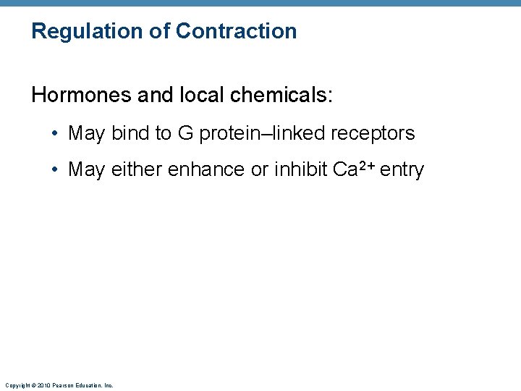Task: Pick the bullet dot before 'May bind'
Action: pos(55,134)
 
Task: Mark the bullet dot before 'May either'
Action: pos(55,170)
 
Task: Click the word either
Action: pos(136,169)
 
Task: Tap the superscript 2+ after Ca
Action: pos(363,166)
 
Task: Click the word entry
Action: pos(402,170)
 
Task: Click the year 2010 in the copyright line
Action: pos(41,385)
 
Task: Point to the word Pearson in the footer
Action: pos(63,385)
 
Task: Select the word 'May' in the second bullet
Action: pos(86,170)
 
